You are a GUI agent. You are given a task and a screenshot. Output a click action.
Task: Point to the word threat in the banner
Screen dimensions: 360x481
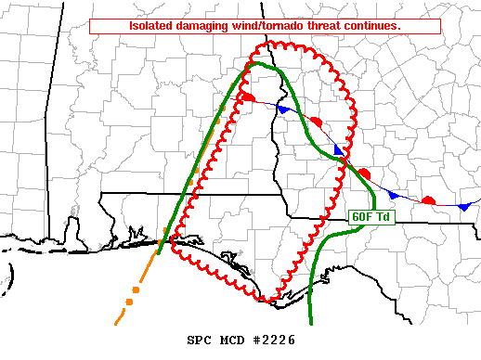(x=333, y=26)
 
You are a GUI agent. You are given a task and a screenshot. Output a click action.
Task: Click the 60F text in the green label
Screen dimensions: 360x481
(x=361, y=216)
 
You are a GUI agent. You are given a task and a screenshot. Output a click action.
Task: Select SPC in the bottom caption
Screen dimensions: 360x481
(x=200, y=341)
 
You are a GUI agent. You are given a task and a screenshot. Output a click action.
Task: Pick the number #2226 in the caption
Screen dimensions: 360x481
(x=274, y=341)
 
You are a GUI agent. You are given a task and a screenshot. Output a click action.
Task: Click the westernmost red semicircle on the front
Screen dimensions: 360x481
(x=248, y=96)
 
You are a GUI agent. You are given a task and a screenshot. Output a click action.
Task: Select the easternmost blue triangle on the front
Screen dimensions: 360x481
(x=462, y=206)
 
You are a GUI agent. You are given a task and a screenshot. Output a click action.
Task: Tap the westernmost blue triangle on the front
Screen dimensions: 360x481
(x=282, y=109)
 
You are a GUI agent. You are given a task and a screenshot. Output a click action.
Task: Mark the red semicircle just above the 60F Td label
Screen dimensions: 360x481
(x=364, y=173)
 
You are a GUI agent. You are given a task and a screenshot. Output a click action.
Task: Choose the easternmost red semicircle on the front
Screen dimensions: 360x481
(x=428, y=199)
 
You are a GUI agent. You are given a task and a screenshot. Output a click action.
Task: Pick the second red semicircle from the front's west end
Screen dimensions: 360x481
(x=316, y=122)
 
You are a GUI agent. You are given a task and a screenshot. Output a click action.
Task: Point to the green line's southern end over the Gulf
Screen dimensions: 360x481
(x=309, y=322)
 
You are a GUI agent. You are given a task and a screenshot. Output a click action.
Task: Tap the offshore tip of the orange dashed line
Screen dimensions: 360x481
(x=116, y=323)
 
